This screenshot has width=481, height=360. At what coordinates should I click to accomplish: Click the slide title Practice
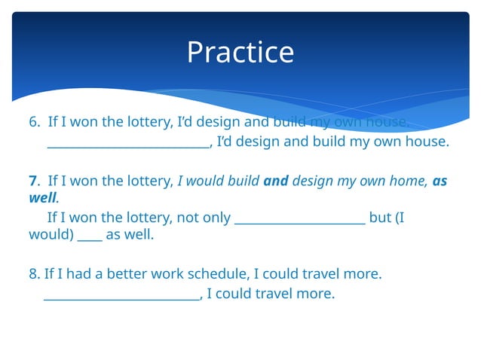click(240, 52)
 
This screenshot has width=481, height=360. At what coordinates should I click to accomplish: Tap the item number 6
click(34, 122)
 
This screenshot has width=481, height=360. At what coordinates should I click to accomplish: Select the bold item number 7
click(33, 181)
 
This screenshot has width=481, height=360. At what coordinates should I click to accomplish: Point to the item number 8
click(34, 275)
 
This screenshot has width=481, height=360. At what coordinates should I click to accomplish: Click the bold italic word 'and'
click(276, 181)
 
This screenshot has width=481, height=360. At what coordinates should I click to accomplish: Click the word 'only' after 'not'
click(215, 218)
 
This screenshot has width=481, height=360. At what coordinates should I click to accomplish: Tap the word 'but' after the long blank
click(380, 218)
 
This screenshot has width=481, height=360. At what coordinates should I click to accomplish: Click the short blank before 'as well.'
click(90, 238)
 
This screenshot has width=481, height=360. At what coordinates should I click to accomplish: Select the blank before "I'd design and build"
click(128, 145)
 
